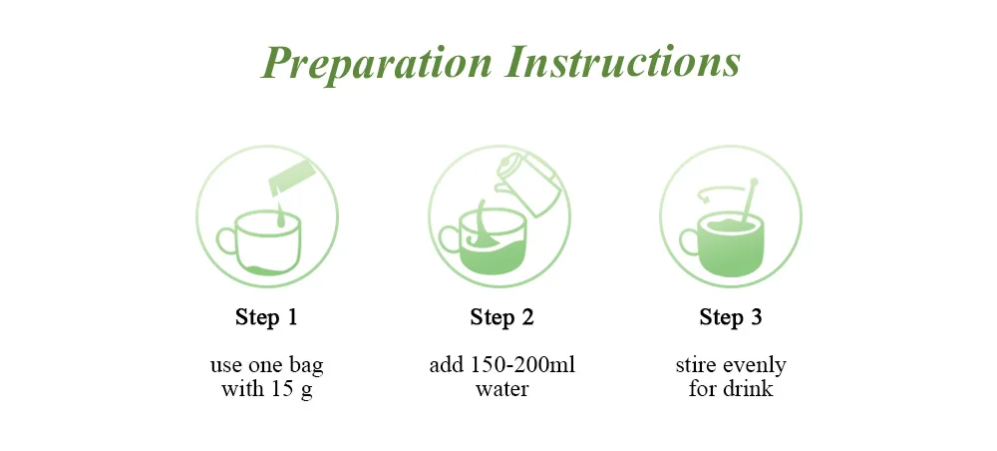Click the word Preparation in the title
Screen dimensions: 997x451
coord(377,63)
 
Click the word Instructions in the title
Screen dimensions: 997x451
coord(623,62)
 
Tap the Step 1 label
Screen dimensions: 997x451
coord(266,316)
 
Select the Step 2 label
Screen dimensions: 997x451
coord(501,316)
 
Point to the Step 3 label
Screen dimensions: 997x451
coord(731,316)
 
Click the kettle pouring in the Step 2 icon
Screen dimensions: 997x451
coord(526,185)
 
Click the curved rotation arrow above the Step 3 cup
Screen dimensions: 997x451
coord(721,189)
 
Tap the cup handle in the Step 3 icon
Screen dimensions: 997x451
coord(689,242)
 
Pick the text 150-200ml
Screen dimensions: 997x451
coord(523,365)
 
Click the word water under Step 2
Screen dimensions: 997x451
coord(501,389)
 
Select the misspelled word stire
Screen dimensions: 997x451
coord(697,365)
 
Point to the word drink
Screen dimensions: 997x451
coord(748,388)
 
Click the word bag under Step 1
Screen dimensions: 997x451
coord(306,367)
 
